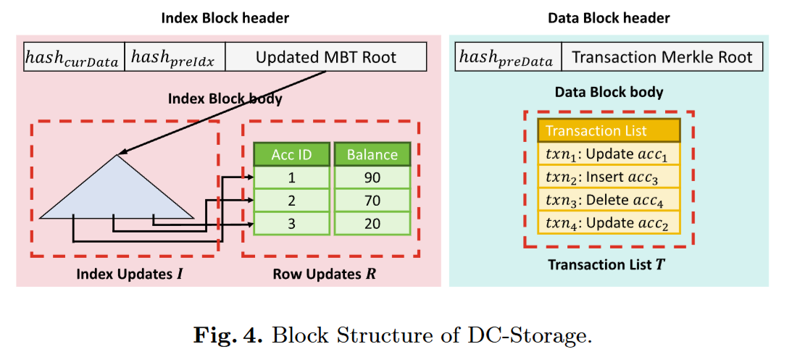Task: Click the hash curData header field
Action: point(73,56)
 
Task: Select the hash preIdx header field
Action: point(174,56)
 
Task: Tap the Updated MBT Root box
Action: point(325,56)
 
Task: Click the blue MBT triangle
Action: point(116,192)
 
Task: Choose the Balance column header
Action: point(372,154)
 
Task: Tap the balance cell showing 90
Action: point(372,178)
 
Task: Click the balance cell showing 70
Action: point(372,201)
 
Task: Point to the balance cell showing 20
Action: point(372,223)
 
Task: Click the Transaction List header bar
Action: point(608,130)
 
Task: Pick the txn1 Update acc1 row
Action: point(608,154)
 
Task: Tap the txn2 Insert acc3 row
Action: point(608,176)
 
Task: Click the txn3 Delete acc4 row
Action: point(608,198)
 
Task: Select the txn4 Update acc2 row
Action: point(608,222)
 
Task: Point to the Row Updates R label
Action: point(325,275)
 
